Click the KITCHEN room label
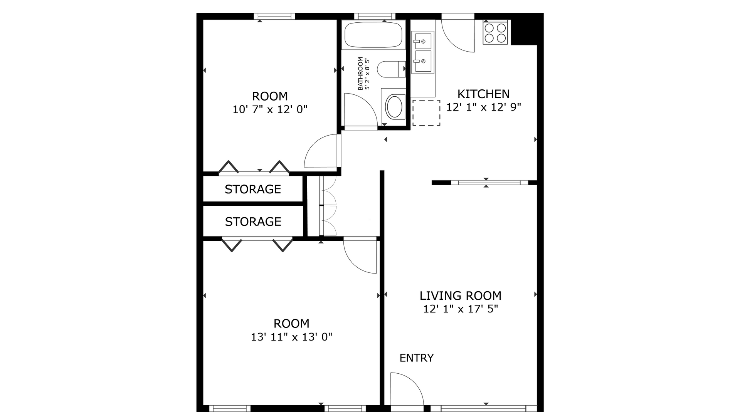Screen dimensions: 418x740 click(x=483, y=94)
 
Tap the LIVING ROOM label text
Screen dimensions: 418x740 click(x=461, y=296)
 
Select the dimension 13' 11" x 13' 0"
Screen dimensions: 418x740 click(x=291, y=337)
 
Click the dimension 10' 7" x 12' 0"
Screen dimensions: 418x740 click(x=270, y=110)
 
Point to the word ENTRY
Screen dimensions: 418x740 click(x=417, y=358)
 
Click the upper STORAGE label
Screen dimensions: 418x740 click(x=253, y=189)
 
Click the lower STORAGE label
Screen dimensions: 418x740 click(x=253, y=222)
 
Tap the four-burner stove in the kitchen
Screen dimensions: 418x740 click(x=495, y=33)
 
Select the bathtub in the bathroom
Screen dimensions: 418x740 click(x=373, y=35)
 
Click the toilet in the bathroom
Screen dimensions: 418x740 click(x=390, y=69)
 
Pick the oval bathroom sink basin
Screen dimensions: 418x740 click(x=394, y=107)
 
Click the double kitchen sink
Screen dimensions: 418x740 click(x=423, y=52)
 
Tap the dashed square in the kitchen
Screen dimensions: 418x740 click(x=426, y=112)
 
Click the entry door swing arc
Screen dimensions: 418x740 click(x=405, y=389)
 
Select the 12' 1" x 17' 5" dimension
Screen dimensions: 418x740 click(x=461, y=309)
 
